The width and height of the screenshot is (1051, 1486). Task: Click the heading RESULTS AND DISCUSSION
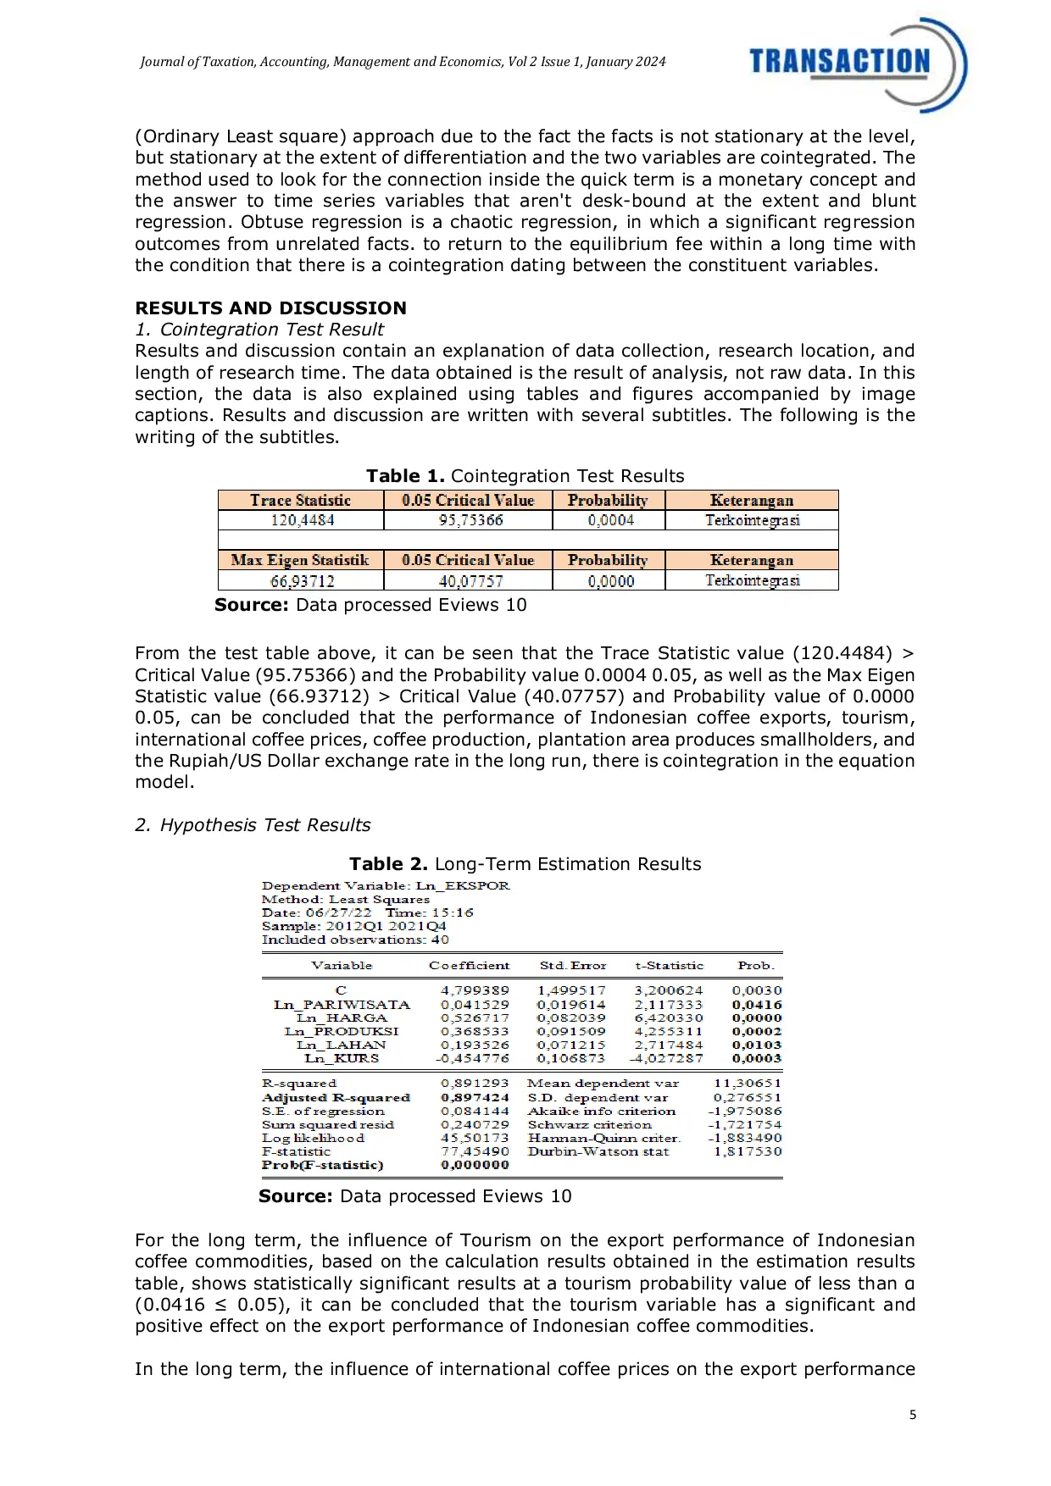click(270, 308)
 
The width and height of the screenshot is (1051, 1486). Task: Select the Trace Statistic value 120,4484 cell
click(302, 520)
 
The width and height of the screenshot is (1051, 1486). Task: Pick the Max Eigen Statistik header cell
click(300, 560)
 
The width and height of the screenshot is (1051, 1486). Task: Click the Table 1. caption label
click(405, 476)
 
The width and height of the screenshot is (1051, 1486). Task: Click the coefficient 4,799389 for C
click(475, 990)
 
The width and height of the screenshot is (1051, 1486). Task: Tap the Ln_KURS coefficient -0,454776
click(473, 1058)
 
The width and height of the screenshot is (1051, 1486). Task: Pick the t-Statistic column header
click(669, 966)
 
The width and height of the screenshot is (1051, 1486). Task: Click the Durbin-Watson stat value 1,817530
click(748, 1151)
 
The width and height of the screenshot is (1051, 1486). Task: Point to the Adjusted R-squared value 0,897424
click(475, 1097)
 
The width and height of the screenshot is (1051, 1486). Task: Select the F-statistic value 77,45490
click(475, 1151)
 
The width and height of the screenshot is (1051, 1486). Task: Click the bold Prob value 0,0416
click(757, 1005)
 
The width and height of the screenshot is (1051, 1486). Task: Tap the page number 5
click(913, 1415)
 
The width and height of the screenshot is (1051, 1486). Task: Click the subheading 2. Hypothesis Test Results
click(253, 825)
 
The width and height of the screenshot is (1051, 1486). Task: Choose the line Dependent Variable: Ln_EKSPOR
click(386, 886)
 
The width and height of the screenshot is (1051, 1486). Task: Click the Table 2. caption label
click(388, 864)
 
